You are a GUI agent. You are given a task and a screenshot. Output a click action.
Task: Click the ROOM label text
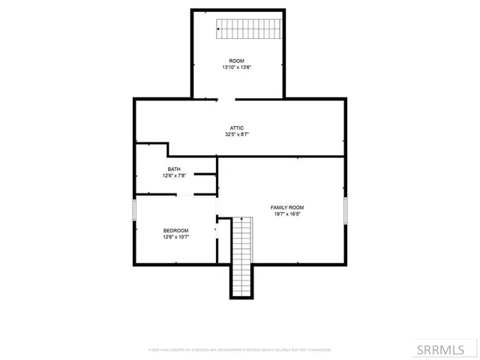(236, 60)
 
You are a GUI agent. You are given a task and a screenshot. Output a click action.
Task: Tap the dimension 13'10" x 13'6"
(236, 67)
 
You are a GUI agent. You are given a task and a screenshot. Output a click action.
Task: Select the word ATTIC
(237, 128)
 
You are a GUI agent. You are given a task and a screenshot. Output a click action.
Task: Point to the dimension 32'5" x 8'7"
(237, 135)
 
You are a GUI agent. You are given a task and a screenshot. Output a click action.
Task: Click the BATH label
(174, 169)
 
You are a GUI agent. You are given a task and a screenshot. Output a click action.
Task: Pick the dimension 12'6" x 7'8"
(174, 175)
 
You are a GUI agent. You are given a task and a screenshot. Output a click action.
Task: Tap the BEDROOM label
(175, 230)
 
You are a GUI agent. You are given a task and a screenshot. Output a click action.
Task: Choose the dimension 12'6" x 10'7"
(175, 237)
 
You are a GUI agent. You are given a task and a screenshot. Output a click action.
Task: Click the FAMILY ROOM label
(287, 207)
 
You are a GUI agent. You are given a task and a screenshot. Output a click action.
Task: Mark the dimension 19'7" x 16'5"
(287, 214)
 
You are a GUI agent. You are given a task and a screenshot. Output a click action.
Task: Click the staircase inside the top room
(247, 29)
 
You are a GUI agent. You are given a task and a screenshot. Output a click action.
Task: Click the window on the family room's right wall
(346, 210)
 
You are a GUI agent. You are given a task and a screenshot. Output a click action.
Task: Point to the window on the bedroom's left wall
(135, 209)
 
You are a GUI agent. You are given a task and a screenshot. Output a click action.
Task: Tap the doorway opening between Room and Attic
(226, 98)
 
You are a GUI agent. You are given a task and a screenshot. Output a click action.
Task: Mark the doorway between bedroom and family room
(217, 229)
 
